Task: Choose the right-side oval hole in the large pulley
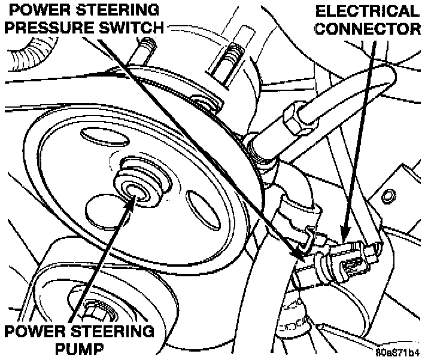tap(199, 208)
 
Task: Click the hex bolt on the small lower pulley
tap(95, 310)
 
